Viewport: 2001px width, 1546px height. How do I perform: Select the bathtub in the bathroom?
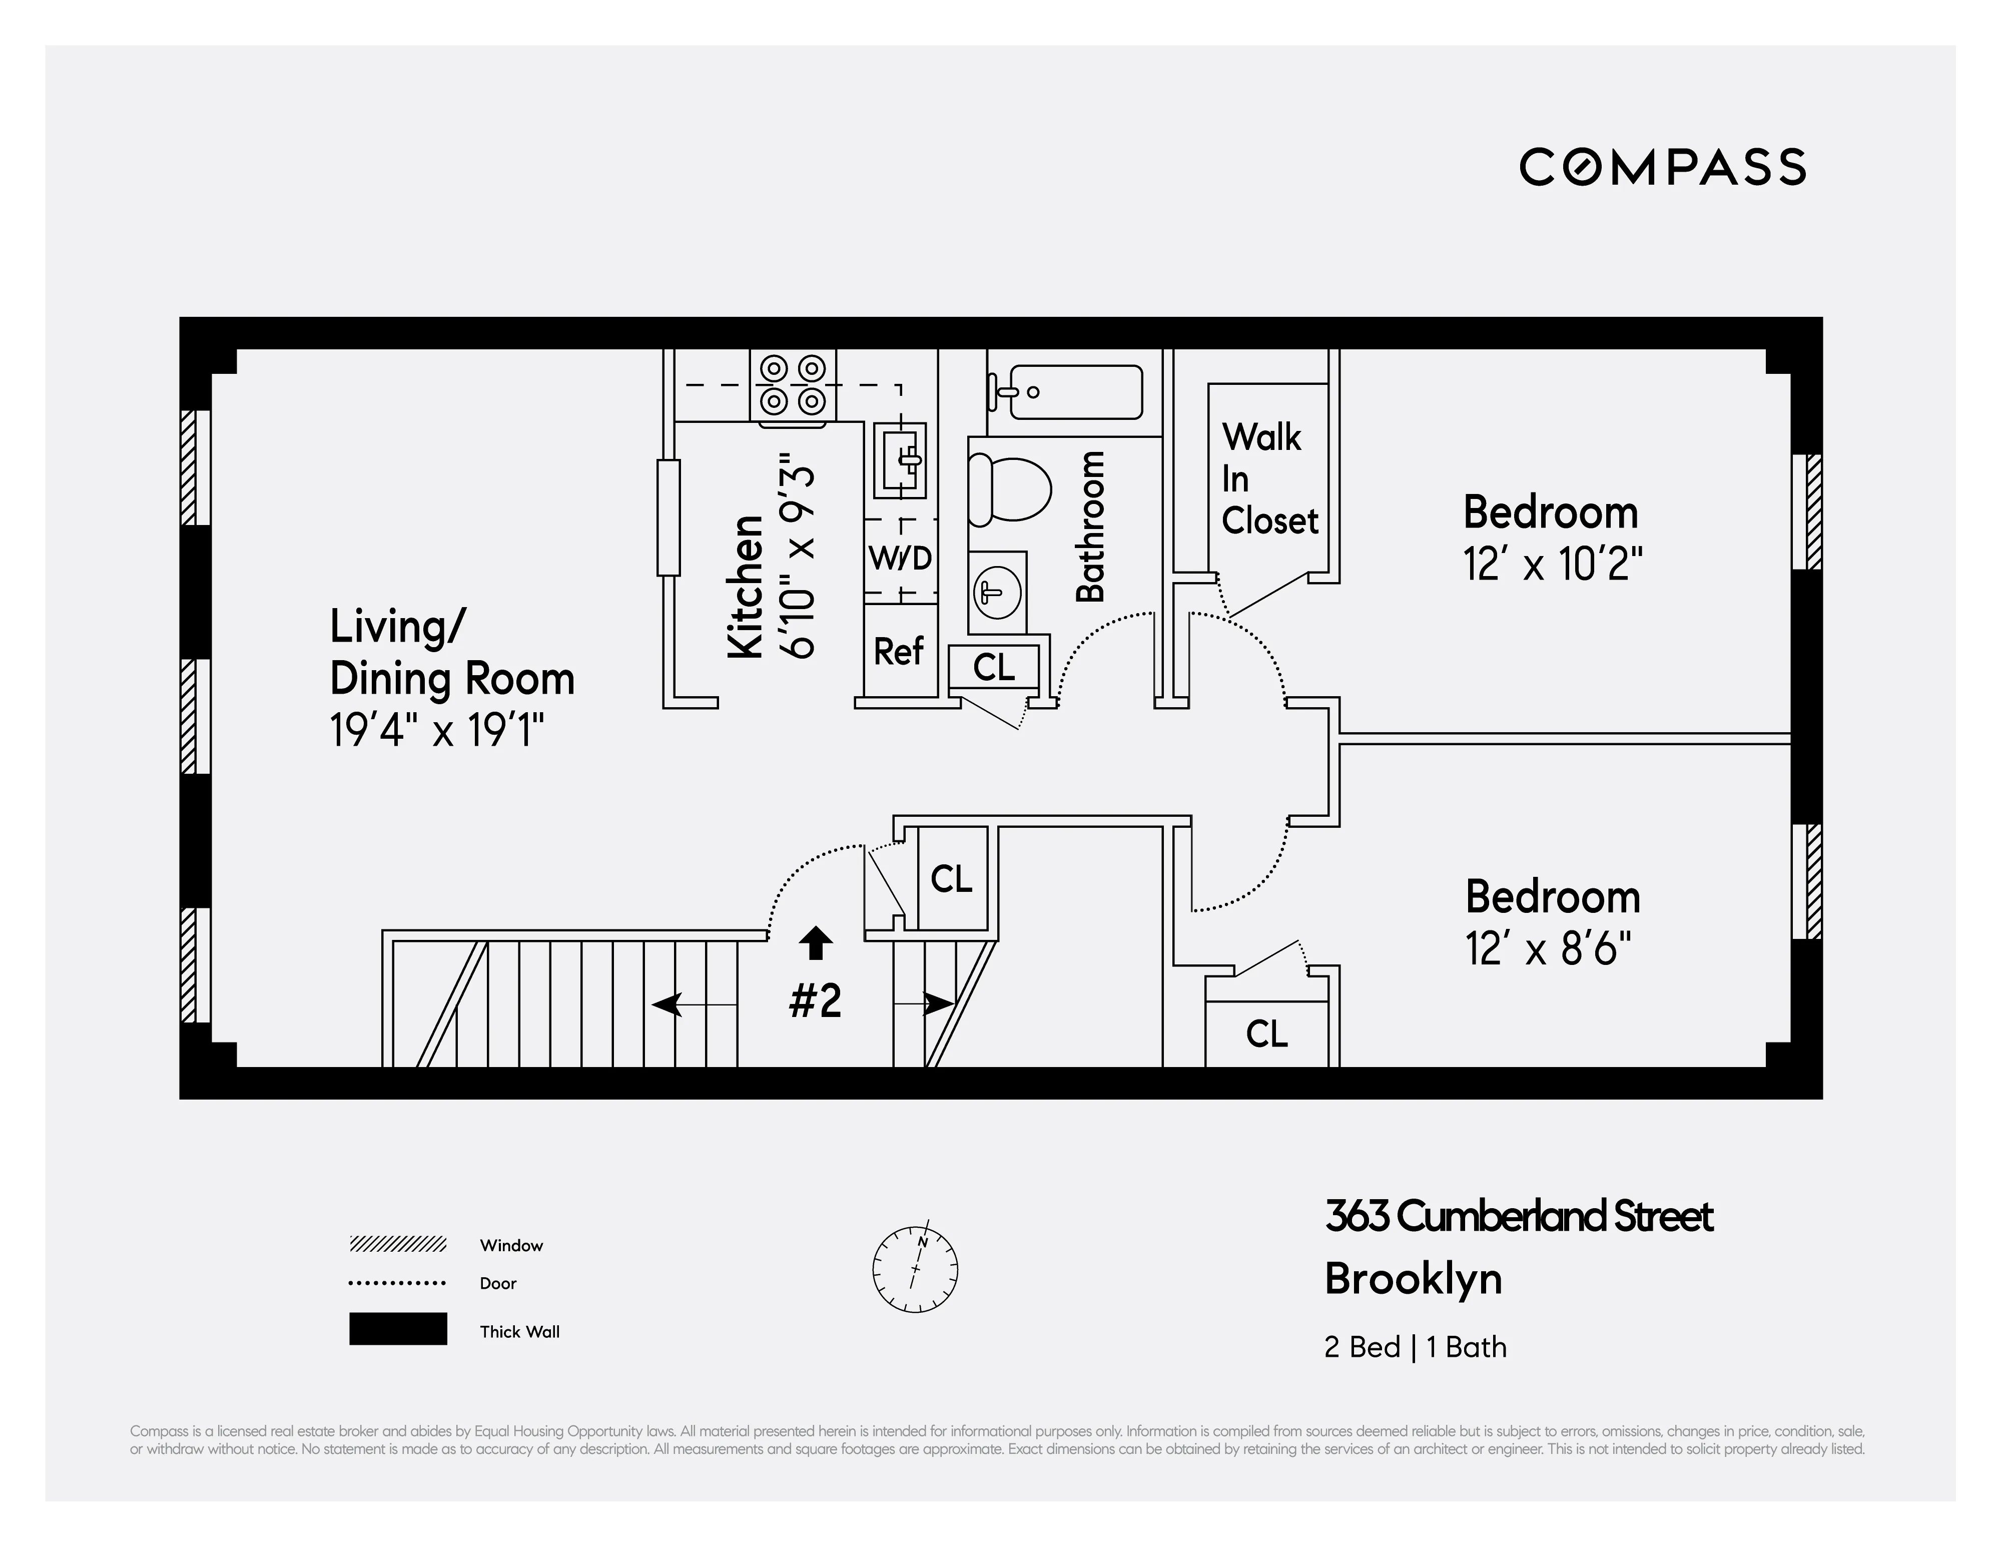coord(1076,392)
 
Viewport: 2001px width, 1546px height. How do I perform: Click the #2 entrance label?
coord(815,1001)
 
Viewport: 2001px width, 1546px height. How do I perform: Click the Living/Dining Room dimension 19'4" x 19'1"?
coord(437,731)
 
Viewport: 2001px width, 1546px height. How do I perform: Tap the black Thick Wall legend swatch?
coord(398,1329)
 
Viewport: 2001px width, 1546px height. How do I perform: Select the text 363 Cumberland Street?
coord(1518,1217)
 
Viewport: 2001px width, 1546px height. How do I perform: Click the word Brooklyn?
coord(1413,1279)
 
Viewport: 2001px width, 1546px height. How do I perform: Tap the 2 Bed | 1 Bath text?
coord(1415,1347)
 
